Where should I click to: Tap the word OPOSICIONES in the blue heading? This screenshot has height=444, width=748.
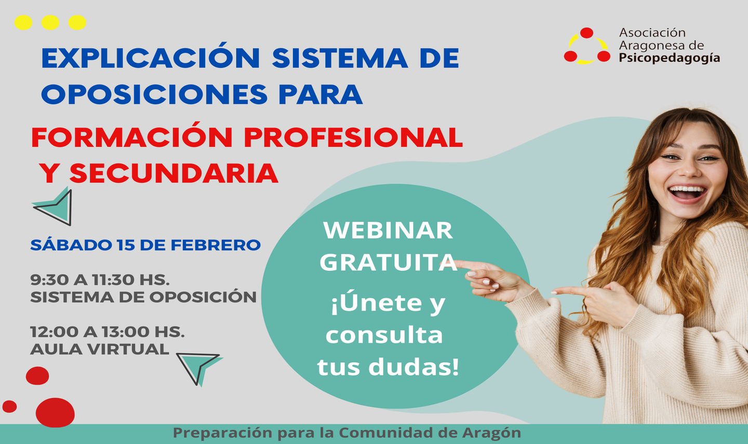coord(154,94)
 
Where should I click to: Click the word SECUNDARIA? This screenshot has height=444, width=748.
coord(174,173)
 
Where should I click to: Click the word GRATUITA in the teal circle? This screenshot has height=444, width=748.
coord(389,262)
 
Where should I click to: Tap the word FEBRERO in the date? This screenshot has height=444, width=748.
coord(216,245)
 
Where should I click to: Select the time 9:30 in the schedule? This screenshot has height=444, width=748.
coord(49,280)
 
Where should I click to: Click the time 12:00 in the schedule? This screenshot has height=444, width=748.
coord(54,331)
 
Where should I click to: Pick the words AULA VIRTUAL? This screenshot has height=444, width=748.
coord(100,349)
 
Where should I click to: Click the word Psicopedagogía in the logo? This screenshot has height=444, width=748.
coord(669,58)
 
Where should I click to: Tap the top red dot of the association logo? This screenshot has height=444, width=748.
coord(586,33)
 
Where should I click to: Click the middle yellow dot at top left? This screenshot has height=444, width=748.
coord(50,23)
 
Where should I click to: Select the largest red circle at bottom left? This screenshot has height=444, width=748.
coord(55,412)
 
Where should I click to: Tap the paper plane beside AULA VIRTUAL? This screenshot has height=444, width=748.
coord(199,367)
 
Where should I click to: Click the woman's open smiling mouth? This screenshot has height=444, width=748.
coord(687,193)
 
